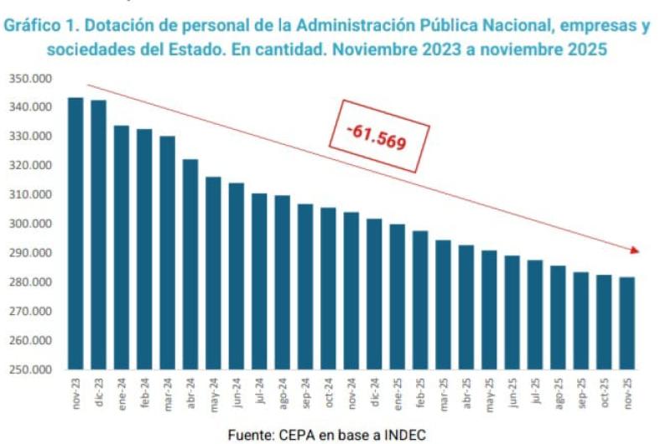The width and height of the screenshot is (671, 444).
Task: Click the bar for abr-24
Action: [x=190, y=264]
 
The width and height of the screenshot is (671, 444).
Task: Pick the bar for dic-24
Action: [x=374, y=293]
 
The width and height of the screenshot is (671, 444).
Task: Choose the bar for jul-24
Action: [x=259, y=281]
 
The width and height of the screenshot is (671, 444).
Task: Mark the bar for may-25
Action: [x=489, y=309]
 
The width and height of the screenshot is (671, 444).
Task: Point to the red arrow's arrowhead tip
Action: [x=640, y=250]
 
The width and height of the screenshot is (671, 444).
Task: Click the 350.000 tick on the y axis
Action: [x=31, y=78]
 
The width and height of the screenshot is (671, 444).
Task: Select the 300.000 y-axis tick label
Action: [x=31, y=224]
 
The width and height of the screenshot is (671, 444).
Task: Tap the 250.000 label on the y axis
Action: [x=31, y=369]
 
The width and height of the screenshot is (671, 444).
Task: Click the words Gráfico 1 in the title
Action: [x=43, y=26]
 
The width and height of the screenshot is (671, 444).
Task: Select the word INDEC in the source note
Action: [x=405, y=434]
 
